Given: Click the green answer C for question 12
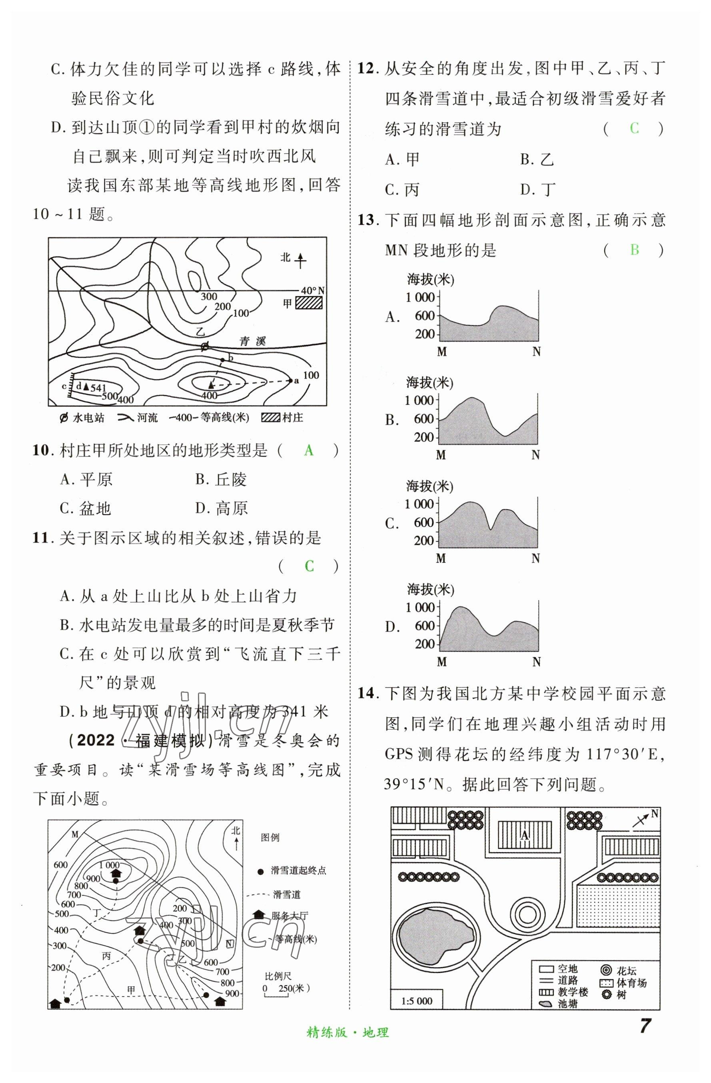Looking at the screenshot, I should tap(634, 129).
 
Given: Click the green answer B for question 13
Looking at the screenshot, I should tap(634, 250).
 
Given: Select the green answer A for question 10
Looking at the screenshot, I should tap(308, 450).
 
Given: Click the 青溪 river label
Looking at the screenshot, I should tap(252, 341).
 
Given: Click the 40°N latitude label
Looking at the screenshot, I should tap(313, 290).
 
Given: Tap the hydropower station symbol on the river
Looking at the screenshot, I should tap(205, 347).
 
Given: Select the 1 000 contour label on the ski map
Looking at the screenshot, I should tap(109, 865).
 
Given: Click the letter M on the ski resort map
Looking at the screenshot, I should tap(75, 834).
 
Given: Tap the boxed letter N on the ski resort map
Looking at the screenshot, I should tap(229, 944).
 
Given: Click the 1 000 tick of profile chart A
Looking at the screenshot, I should tap(420, 297).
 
